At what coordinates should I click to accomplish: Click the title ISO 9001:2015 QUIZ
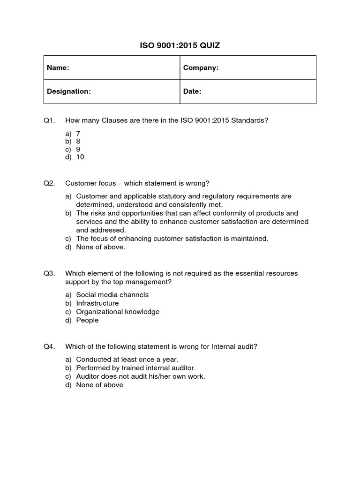[180, 45]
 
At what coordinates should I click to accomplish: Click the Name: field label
[58, 68]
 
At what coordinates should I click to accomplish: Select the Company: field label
[201, 68]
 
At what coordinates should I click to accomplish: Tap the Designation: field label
[68, 91]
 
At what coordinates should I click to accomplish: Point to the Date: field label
[192, 91]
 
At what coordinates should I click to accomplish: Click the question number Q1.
[49, 120]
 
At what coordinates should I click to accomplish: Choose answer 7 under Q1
[78, 134]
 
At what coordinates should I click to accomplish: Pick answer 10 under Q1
[80, 157]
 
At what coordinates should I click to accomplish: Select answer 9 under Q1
[78, 149]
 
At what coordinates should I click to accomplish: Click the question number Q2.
[49, 183]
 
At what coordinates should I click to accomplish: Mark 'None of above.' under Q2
[100, 247]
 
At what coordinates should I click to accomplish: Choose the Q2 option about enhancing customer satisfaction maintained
[172, 239]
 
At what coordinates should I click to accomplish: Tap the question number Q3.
[49, 273]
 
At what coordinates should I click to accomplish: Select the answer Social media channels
[112, 295]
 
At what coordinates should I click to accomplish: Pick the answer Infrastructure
[97, 303]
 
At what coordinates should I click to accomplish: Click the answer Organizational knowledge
[118, 312]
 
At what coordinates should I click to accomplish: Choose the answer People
[87, 320]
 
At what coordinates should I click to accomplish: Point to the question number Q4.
[49, 346]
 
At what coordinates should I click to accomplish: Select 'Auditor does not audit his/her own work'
[140, 376]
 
